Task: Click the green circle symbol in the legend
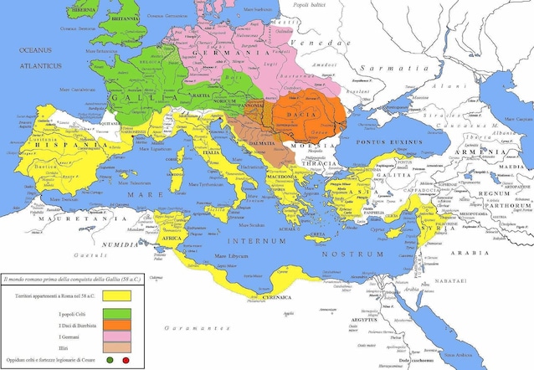[110, 361]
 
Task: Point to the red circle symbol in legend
[126, 361]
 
